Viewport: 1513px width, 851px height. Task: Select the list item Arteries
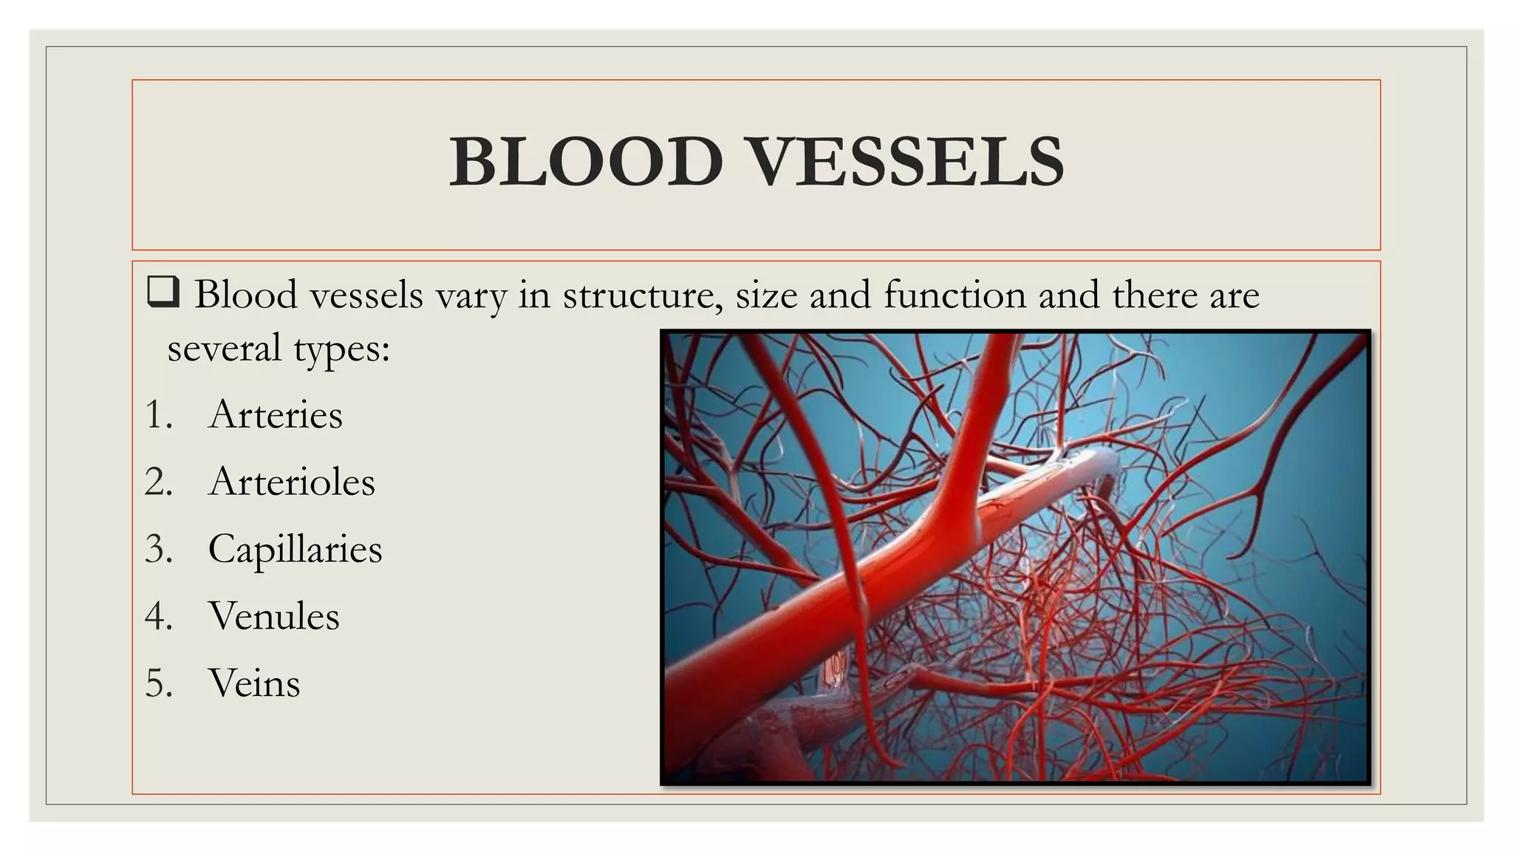pos(276,414)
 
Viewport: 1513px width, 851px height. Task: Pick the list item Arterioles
pos(292,482)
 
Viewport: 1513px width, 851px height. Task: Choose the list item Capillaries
pos(295,550)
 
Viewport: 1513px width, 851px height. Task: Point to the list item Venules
pos(273,616)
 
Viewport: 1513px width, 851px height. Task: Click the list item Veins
pos(254,683)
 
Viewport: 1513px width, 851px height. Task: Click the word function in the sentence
pos(954,295)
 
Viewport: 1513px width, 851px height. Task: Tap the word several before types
pos(224,348)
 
